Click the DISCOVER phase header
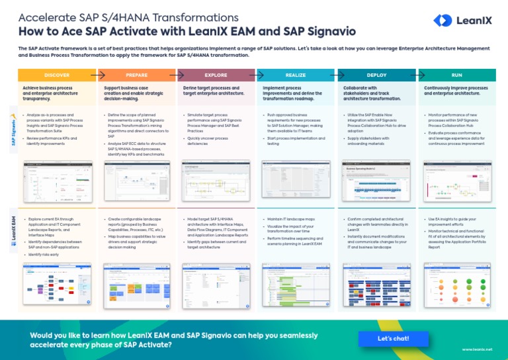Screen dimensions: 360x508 (x=57, y=75)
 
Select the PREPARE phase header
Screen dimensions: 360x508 (x=136, y=75)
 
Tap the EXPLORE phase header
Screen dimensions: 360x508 (x=216, y=75)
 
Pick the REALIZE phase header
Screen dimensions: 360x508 (x=296, y=75)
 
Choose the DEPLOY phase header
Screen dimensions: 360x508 (x=376, y=75)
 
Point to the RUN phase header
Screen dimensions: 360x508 (x=457, y=75)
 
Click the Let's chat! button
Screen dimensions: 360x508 (x=393, y=338)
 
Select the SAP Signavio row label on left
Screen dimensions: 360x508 (x=13, y=130)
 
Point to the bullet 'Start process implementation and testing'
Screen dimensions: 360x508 (x=296, y=141)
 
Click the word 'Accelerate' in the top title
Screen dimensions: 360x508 (x=46, y=17)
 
